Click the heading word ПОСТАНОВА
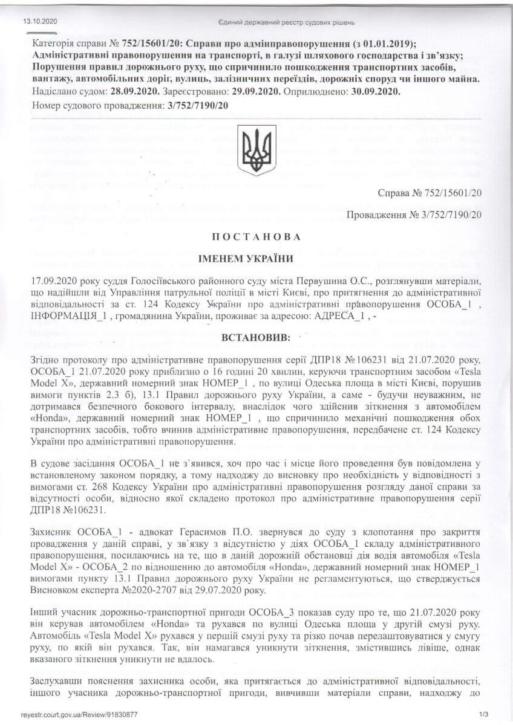256,237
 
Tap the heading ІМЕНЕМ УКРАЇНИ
256,259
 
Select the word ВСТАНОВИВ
256,335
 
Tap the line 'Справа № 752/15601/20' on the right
429,194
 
